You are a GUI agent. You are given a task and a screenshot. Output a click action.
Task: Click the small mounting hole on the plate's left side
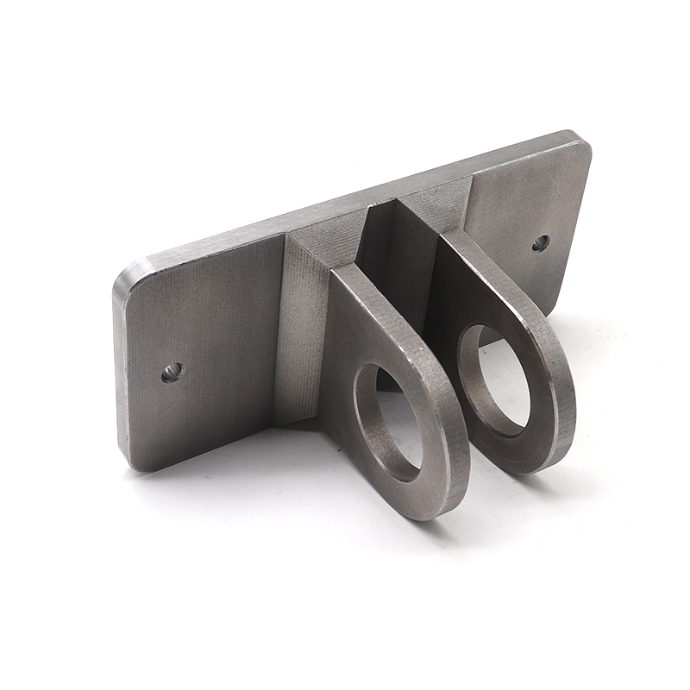click(172, 373)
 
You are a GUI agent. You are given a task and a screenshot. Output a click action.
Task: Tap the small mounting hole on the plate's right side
click(540, 243)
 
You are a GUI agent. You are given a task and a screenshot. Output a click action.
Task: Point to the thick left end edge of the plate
click(121, 371)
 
